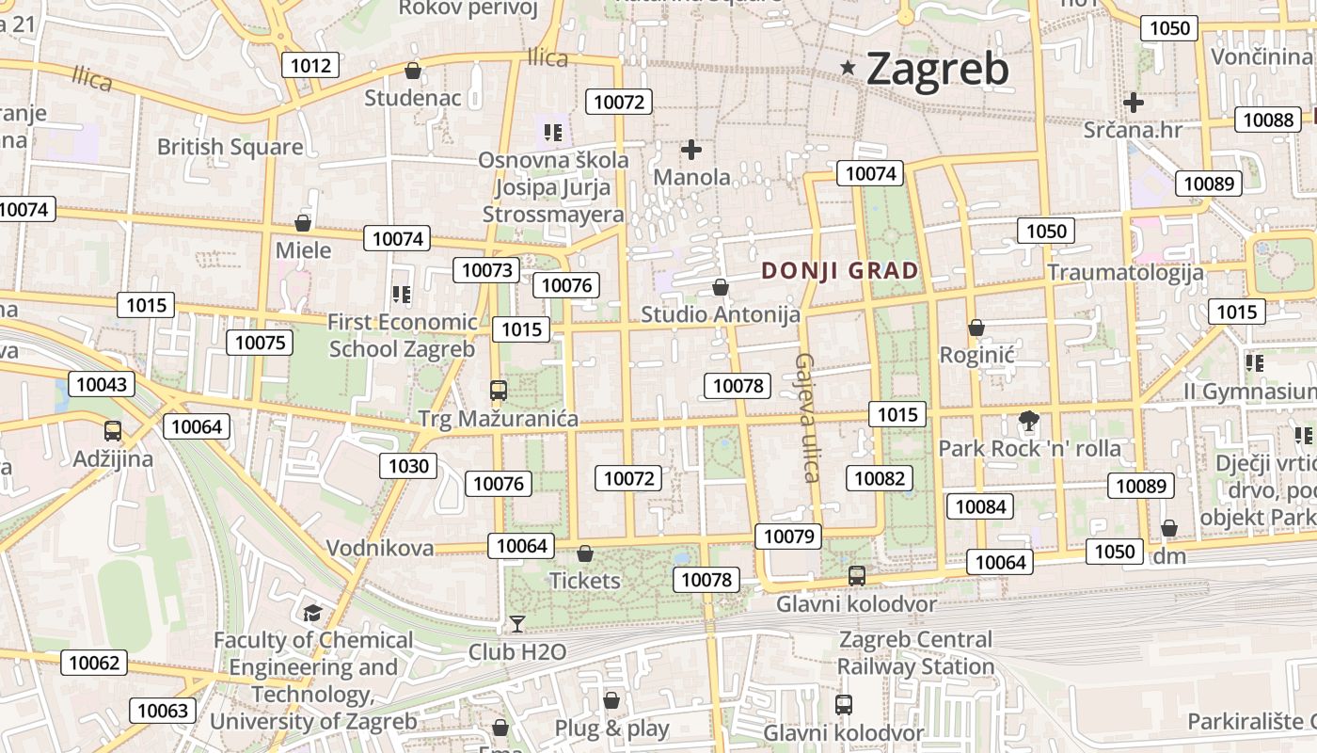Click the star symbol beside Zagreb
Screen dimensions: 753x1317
[x=849, y=68]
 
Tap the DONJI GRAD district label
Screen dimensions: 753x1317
[x=840, y=271]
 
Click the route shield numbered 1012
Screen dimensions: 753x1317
[x=310, y=65]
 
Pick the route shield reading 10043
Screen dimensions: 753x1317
[x=101, y=384]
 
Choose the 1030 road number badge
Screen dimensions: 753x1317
[x=408, y=465]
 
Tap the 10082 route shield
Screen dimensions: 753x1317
[x=879, y=478]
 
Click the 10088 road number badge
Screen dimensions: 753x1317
[x=1267, y=120]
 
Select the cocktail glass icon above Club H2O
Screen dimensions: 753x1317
[x=516, y=623]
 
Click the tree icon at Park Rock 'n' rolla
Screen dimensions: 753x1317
[x=1029, y=420]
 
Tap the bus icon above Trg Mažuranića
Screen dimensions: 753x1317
[x=499, y=390]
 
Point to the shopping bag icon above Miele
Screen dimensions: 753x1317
[x=303, y=223]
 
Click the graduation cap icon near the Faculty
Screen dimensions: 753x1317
[x=311, y=614]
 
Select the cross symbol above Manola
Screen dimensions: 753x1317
[x=691, y=150]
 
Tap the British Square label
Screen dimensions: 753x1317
[x=230, y=147]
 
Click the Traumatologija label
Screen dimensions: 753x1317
[x=1125, y=273]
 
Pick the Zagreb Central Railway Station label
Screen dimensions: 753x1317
[x=915, y=653]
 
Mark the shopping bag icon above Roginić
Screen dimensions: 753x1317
[x=976, y=328]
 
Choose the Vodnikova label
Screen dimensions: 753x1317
[x=380, y=548]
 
